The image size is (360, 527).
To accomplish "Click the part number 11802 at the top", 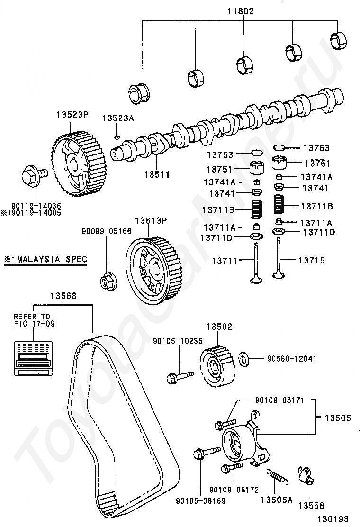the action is pos(241,11).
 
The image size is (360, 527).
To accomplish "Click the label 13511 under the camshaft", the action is pos(157,174).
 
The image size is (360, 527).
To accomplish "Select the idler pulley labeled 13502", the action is pos(218,366).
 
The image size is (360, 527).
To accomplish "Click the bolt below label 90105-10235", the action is pos(180,376).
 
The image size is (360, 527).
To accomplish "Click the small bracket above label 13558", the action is pos(306,477).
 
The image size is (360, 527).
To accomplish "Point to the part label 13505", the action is pos(337,418).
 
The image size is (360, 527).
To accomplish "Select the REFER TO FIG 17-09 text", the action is pos(34,320).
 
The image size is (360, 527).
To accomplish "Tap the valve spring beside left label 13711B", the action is pos(257,209).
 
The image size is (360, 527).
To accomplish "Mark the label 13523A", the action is pos(118,118).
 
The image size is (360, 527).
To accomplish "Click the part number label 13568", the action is pos(63,296).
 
